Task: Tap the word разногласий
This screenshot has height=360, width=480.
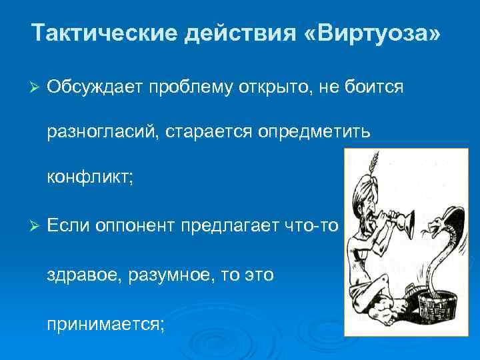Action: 100,133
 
